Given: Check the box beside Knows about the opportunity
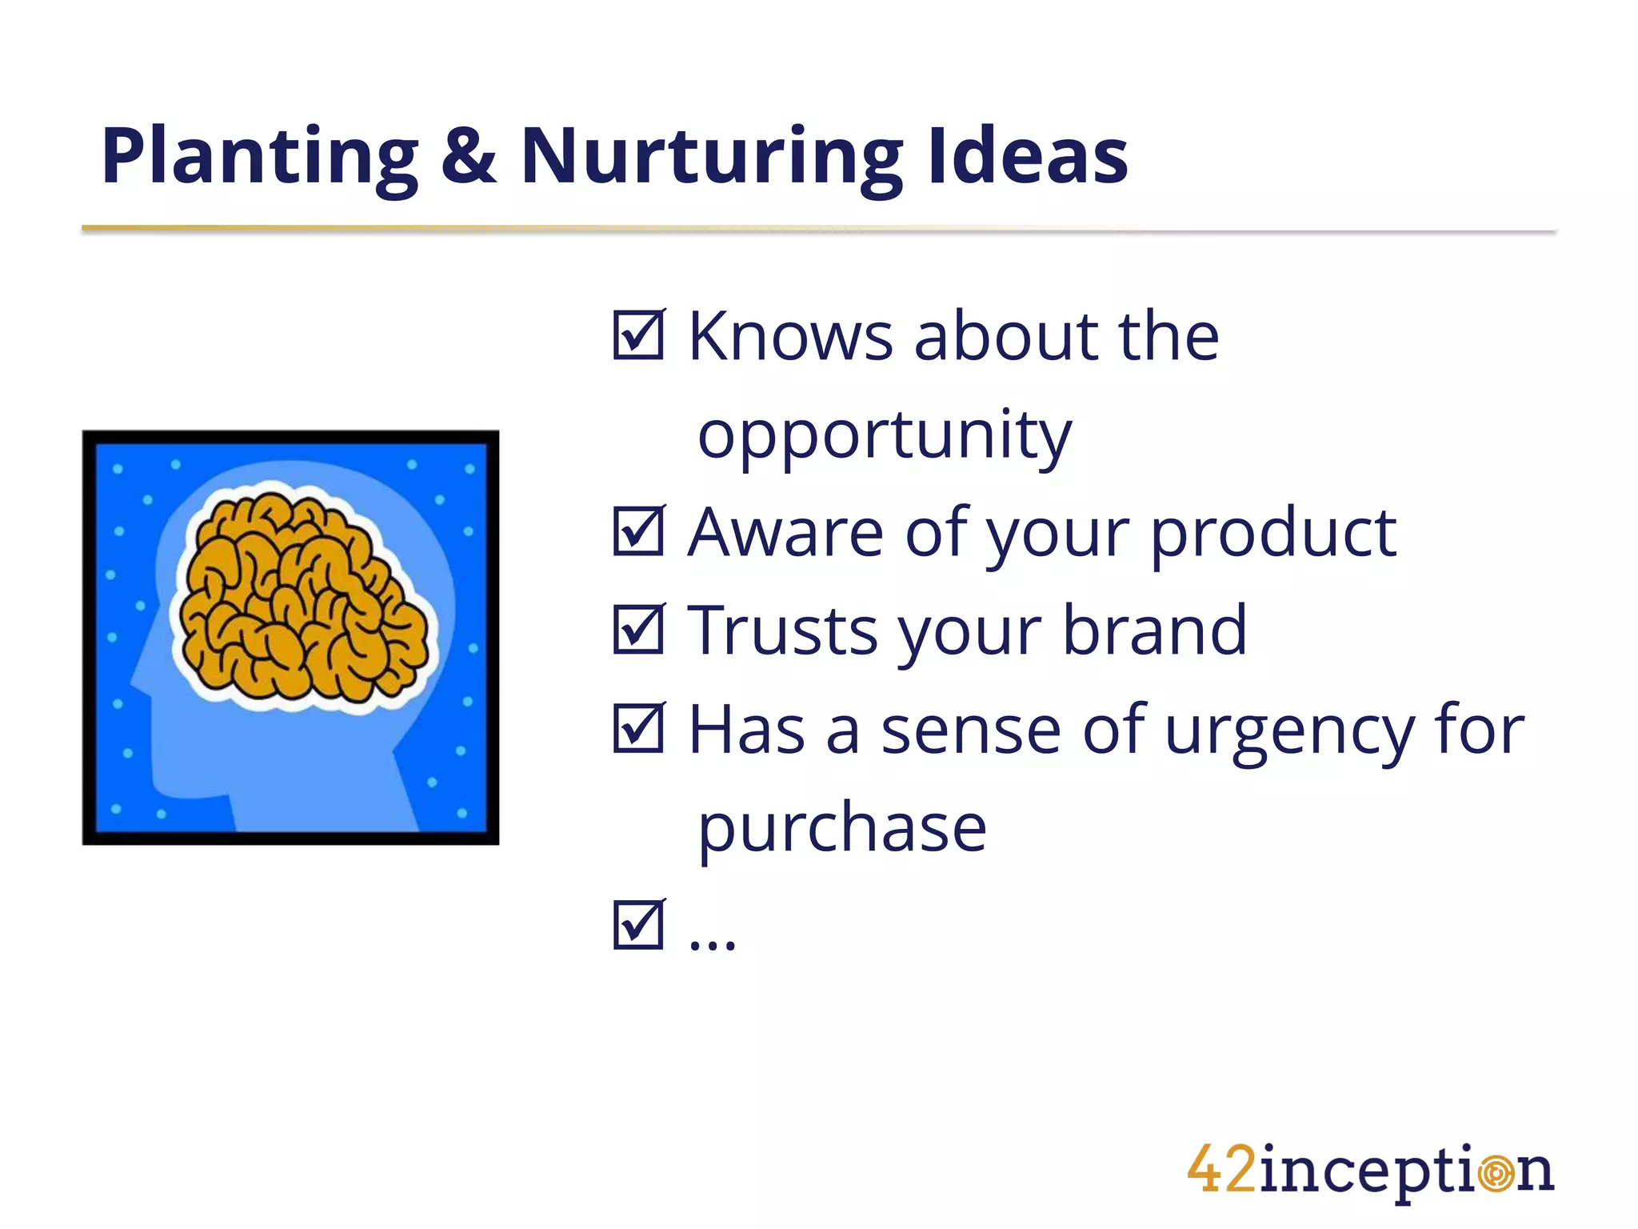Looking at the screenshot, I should click(x=638, y=335).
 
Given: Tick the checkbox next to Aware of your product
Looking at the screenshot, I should click(x=638, y=531).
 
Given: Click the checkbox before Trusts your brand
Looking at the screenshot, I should click(x=638, y=630).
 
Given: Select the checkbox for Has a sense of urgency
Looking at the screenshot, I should click(x=638, y=728).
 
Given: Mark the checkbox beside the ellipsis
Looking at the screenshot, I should click(x=638, y=925).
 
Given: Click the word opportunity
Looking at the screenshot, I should click(x=885, y=436).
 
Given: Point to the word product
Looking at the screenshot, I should click(x=1273, y=534).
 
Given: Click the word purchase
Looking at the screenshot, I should click(x=842, y=830).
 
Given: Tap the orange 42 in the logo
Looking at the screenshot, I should click(x=1221, y=1170).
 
